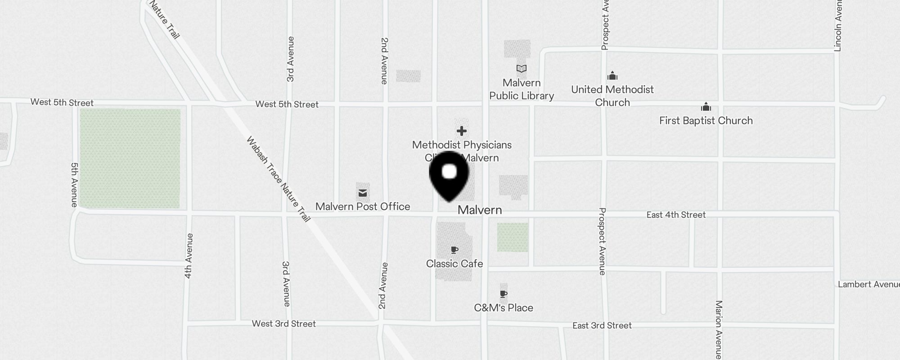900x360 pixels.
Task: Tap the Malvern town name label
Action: [x=480, y=210]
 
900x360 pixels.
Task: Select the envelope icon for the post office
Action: [x=363, y=193]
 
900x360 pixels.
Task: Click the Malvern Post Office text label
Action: [x=363, y=207]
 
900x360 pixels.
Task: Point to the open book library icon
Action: [x=521, y=69]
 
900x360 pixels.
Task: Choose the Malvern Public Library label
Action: [x=522, y=90]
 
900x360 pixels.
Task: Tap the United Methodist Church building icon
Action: [x=612, y=75]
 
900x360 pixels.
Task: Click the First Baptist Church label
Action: [x=706, y=121]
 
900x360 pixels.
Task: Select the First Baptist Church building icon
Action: [x=706, y=107]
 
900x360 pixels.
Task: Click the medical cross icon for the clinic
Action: [x=461, y=131]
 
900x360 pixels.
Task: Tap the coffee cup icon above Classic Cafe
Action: [x=454, y=250]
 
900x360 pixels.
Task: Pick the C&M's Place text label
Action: [x=504, y=308]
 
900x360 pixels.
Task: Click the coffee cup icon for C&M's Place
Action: [x=504, y=294]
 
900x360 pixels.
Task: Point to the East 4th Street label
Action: [x=676, y=215]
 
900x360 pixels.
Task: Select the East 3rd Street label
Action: [x=602, y=325]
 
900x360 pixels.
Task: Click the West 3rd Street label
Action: [x=283, y=324]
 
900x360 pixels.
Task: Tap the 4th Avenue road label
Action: [x=189, y=256]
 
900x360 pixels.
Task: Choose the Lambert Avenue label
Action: [x=868, y=284]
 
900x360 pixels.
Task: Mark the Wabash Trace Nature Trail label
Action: [x=279, y=179]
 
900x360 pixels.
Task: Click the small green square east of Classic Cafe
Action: [x=513, y=237]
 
